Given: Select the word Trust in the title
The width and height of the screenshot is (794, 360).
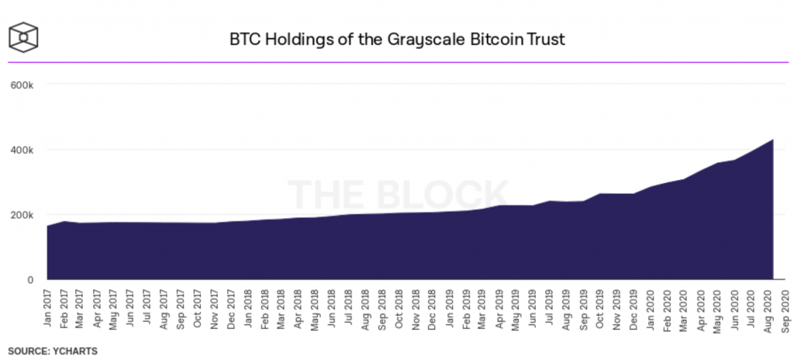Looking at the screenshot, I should pyautogui.click(x=544, y=38).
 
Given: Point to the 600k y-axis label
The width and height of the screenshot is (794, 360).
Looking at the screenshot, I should pyautogui.click(x=22, y=84).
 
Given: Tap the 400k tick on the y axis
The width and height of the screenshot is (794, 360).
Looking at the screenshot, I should pyautogui.click(x=22, y=150).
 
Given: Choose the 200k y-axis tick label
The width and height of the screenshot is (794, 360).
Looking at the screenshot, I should pyautogui.click(x=22, y=215).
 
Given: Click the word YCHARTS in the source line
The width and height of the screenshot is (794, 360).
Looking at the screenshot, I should pyautogui.click(x=75, y=351).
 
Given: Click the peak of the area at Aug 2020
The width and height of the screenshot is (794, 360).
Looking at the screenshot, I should pyautogui.click(x=772, y=140).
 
